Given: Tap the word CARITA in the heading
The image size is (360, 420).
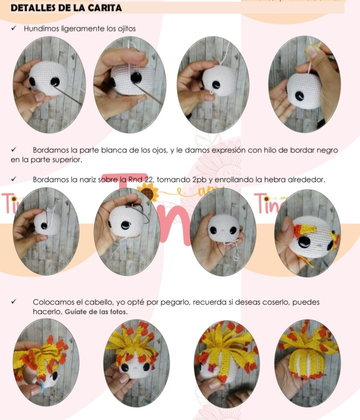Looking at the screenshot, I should tap(104, 8).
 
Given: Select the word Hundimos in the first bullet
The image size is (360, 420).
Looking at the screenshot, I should tap(39, 28).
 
